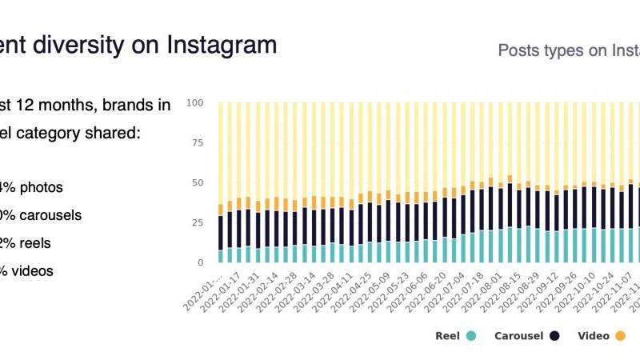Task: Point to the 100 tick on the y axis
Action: tap(194, 103)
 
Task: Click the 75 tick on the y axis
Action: tap(197, 143)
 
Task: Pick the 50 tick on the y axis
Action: tap(197, 183)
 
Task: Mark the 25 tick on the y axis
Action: tap(197, 223)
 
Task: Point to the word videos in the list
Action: tap(33, 271)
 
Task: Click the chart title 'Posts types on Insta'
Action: tap(568, 51)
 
